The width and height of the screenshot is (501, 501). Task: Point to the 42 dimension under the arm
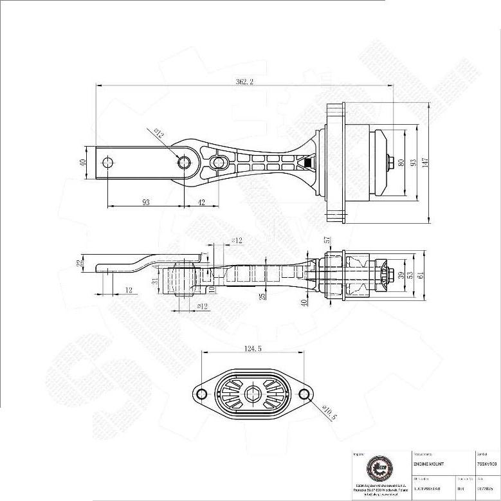click(202, 202)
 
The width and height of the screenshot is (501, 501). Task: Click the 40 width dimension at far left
click(82, 163)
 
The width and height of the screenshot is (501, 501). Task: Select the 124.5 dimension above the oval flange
click(255, 349)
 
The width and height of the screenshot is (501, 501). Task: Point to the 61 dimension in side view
click(421, 275)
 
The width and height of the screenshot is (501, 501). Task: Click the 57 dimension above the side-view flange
click(327, 239)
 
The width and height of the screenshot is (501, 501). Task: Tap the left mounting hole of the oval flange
click(201, 394)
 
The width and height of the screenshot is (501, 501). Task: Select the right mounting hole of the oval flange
click(307, 394)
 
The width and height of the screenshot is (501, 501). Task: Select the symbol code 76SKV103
click(487, 463)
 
